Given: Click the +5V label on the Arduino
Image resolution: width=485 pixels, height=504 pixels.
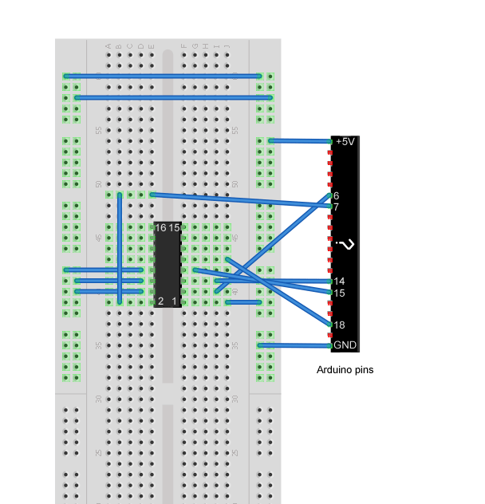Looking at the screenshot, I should pyautogui.click(x=345, y=141).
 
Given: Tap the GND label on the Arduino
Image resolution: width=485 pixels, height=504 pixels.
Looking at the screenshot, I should pyautogui.click(x=345, y=345).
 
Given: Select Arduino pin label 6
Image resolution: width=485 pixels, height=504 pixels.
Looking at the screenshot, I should pyautogui.click(x=337, y=195).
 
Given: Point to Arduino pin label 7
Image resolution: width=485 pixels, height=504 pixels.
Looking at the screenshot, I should pyautogui.click(x=337, y=207).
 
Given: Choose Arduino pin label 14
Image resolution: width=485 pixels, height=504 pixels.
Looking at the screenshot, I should pyautogui.click(x=339, y=282).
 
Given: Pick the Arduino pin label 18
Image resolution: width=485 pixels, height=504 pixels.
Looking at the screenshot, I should pyautogui.click(x=339, y=325).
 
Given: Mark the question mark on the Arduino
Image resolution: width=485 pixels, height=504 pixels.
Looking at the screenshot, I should pyautogui.click(x=345, y=244).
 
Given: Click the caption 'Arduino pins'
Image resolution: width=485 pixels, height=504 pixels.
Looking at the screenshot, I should pyautogui.click(x=345, y=370).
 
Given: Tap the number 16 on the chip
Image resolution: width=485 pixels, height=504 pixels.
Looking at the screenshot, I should pyautogui.click(x=160, y=228).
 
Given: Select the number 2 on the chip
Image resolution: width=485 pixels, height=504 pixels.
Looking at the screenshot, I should pyautogui.click(x=160, y=301).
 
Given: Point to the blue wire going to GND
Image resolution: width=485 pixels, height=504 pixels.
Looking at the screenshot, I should pyautogui.click(x=295, y=345).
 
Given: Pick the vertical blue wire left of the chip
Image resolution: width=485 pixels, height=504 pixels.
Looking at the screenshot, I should pyautogui.click(x=120, y=247).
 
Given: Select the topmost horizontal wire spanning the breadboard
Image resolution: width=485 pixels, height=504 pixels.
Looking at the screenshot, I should pyautogui.click(x=164, y=76).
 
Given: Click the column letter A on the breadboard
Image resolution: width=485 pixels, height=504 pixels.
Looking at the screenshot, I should pyautogui.click(x=108, y=47).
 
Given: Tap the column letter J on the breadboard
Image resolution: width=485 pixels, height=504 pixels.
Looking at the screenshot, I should pyautogui.click(x=227, y=47).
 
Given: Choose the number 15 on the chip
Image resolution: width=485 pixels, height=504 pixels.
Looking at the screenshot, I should pyautogui.click(x=174, y=228).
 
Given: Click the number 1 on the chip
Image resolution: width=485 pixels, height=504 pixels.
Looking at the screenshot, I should pyautogui.click(x=175, y=301).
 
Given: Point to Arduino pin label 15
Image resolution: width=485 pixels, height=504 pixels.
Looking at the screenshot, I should pyautogui.click(x=339, y=293).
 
